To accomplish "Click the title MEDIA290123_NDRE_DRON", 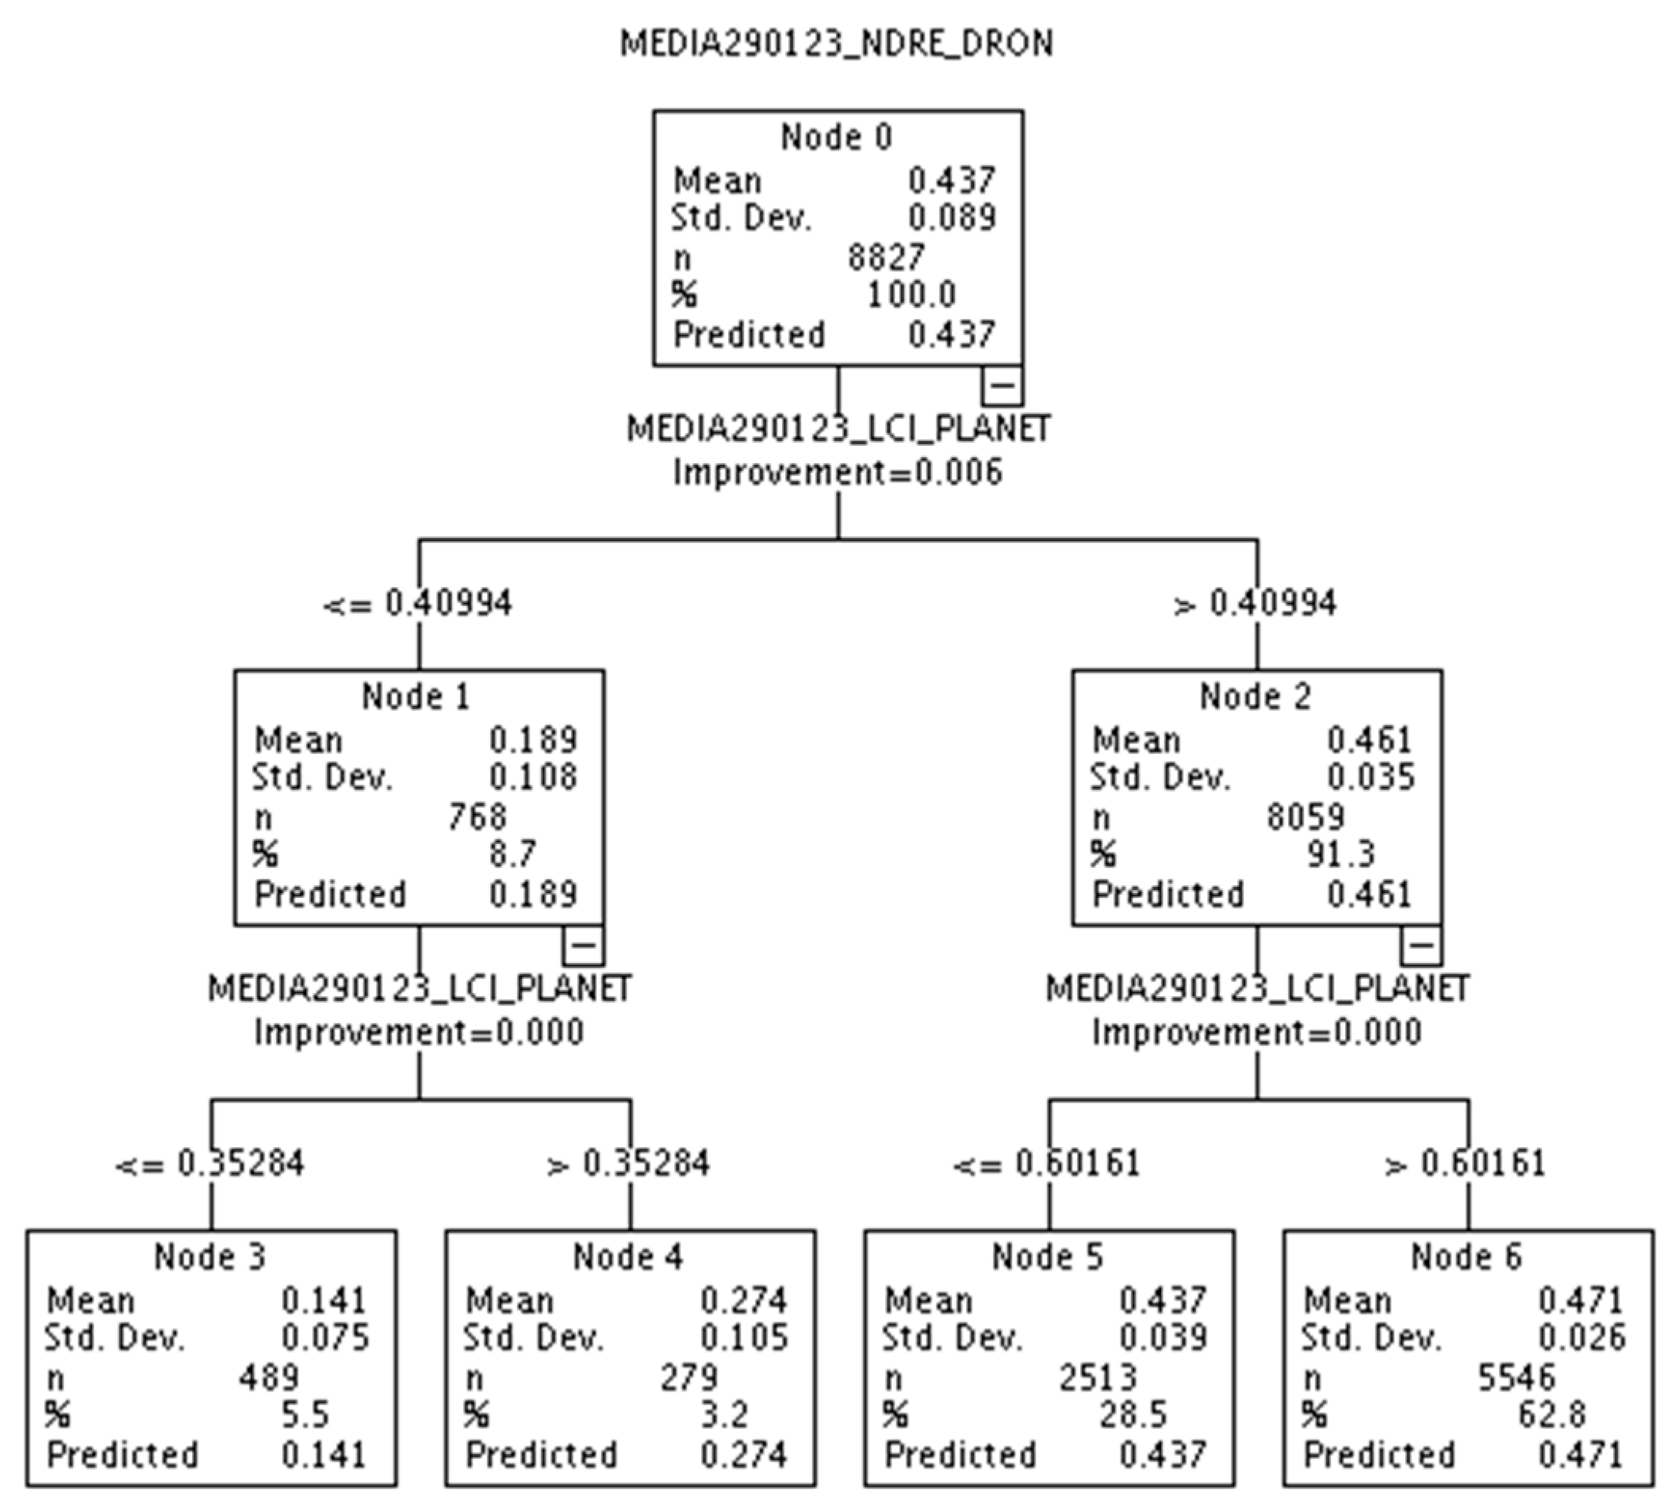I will click(x=837, y=43).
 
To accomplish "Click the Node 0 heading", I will click(x=837, y=136).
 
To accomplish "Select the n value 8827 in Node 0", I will click(x=885, y=258).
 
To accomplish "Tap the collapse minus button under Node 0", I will click(x=1002, y=386).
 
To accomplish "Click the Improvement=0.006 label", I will click(x=837, y=472).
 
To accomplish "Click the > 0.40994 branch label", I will click(x=1256, y=603).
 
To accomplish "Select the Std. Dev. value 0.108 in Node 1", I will click(x=533, y=777).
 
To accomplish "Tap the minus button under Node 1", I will click(x=583, y=945).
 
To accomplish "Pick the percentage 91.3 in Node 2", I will click(x=1341, y=854).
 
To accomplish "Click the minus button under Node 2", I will click(x=1421, y=945).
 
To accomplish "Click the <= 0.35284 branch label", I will click(x=210, y=1163).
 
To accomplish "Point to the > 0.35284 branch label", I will click(x=629, y=1163).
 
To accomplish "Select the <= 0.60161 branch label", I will click(x=1047, y=1163).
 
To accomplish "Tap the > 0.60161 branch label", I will click(x=1466, y=1163).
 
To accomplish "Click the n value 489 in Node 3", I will click(x=268, y=1377).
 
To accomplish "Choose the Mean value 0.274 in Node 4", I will click(x=743, y=1301).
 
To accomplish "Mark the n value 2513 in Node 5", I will click(x=1098, y=1377).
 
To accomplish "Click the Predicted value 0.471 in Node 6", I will click(x=1580, y=1455).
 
